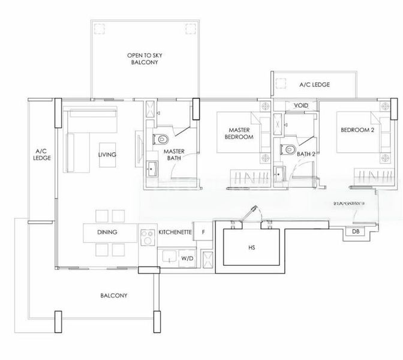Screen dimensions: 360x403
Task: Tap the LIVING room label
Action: pyautogui.click(x=107, y=154)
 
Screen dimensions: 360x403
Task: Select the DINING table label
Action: pyautogui.click(x=107, y=232)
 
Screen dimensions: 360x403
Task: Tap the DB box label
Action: pyautogui.click(x=356, y=232)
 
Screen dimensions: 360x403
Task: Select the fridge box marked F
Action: pyautogui.click(x=203, y=232)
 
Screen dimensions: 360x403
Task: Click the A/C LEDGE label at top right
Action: pyautogui.click(x=314, y=85)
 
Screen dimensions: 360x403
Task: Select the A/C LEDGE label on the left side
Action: pyautogui.click(x=41, y=154)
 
